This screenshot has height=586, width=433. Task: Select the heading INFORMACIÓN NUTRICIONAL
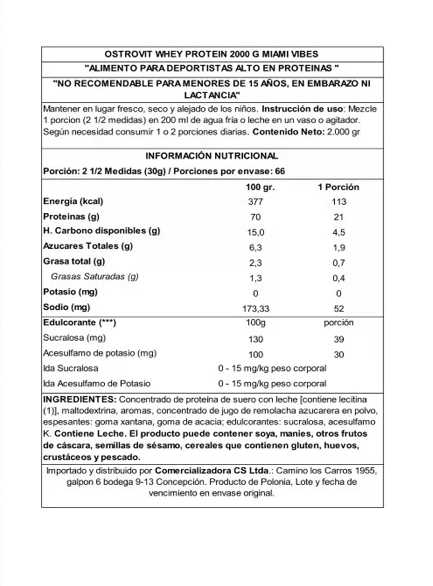211,156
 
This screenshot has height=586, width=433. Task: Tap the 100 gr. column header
260,187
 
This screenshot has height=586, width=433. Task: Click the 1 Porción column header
338,187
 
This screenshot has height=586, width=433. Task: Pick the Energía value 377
256,202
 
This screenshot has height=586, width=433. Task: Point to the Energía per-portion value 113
339,202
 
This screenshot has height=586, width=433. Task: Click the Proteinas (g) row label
71,217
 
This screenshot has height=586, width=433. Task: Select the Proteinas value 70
256,217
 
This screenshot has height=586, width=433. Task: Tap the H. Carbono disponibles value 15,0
256,232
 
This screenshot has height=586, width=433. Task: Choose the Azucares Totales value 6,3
256,247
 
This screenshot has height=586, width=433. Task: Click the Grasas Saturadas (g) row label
95,276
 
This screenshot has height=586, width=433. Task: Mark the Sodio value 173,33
256,308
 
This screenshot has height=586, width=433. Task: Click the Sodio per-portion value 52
339,308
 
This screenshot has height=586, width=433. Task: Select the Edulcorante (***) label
79,322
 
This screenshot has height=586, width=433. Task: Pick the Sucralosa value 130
256,339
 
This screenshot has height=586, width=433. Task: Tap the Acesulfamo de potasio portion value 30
339,355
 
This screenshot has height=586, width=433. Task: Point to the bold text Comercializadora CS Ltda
212,471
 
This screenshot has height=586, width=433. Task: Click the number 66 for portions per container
280,171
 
